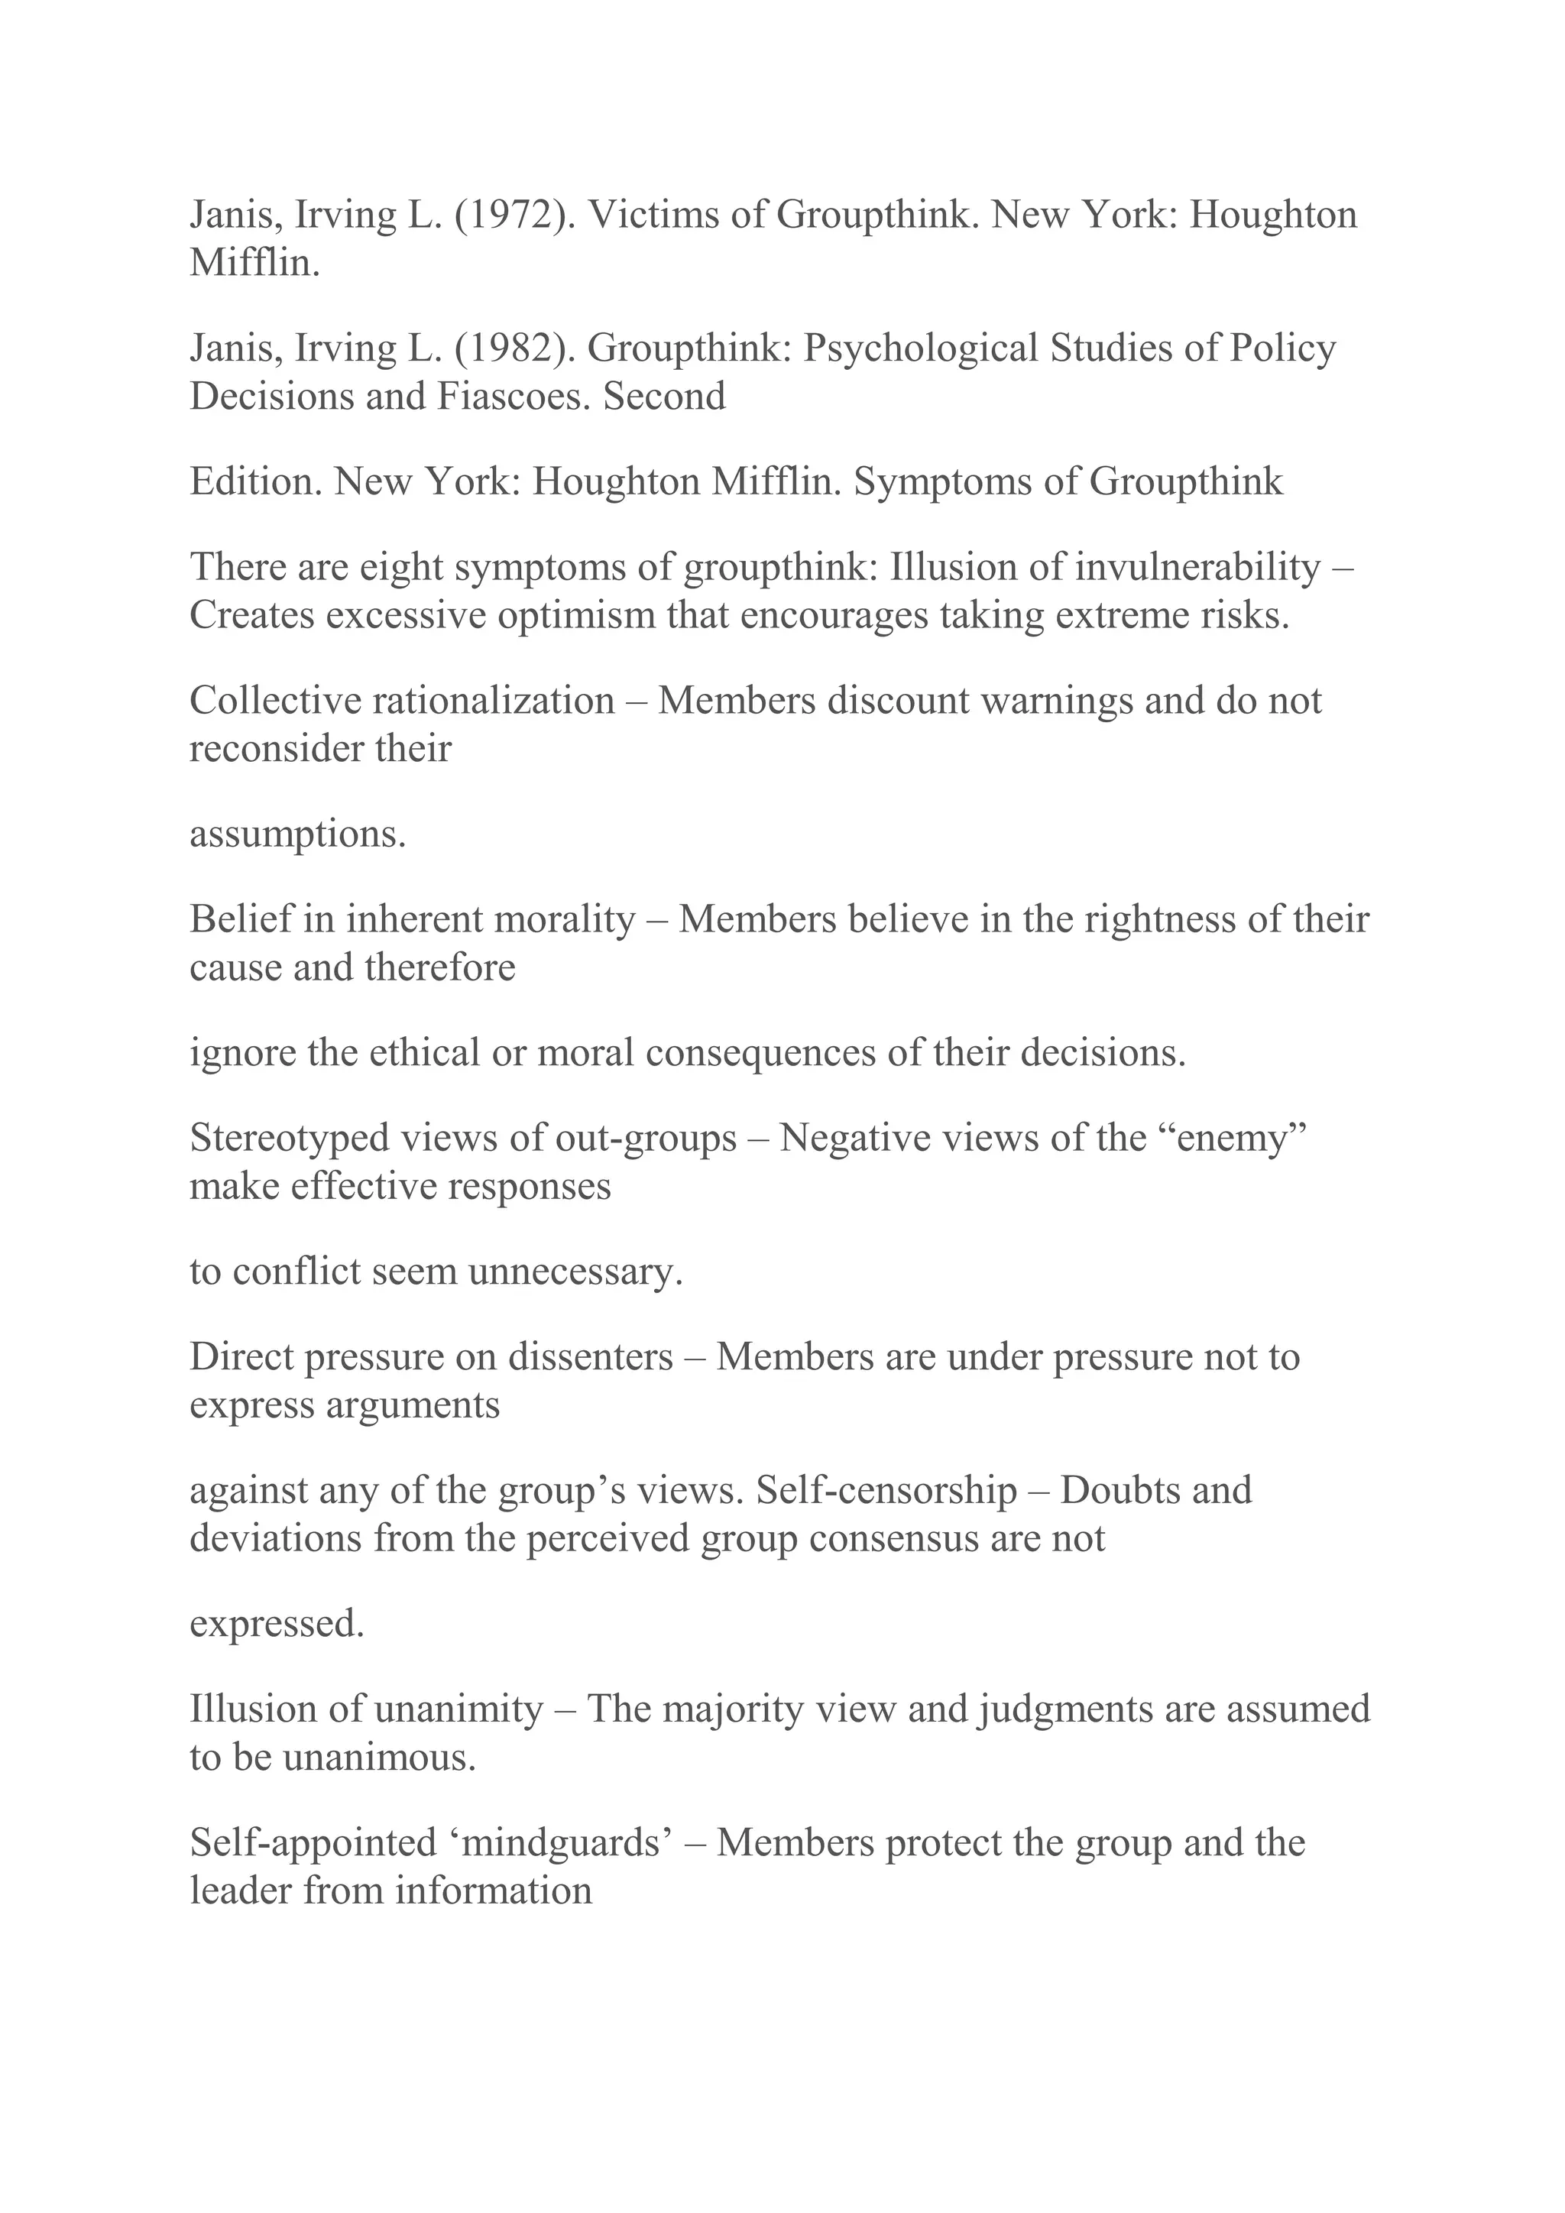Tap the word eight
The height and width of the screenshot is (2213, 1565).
click(401, 567)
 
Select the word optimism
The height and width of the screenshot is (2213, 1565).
click(575, 615)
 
